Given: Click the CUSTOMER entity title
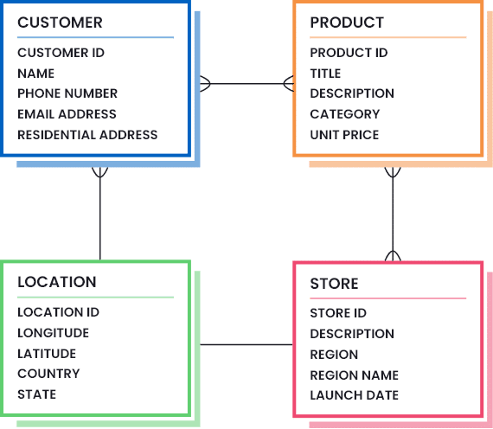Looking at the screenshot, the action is (x=60, y=22).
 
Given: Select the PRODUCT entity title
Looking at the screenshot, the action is (x=347, y=22).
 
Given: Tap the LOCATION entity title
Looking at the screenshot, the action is (x=57, y=282).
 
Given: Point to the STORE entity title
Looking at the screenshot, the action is (x=334, y=284).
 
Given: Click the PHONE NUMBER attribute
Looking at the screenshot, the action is (x=67, y=93).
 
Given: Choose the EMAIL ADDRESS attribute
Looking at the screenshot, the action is (x=67, y=114).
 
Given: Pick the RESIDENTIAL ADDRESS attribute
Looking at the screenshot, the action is (x=87, y=135).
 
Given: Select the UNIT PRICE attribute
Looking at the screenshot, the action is (x=344, y=135).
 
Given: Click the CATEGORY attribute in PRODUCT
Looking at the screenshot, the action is (x=345, y=114).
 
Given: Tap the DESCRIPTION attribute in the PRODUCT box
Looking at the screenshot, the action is (x=352, y=93).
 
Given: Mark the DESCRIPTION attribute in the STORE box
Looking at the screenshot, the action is (x=352, y=334).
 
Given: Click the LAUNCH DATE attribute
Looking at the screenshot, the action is (x=354, y=395).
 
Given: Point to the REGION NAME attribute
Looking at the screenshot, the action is (x=354, y=375).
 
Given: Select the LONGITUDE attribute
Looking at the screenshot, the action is (x=53, y=333).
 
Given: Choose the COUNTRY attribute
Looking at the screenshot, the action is (x=48, y=374).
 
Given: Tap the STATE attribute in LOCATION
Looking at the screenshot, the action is (x=37, y=394).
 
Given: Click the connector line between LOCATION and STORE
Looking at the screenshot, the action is (x=246, y=345).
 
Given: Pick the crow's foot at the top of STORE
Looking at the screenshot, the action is (x=393, y=255).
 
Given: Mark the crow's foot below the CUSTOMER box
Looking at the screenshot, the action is (x=100, y=172).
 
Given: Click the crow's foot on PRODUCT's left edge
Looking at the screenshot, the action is (x=289, y=84).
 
